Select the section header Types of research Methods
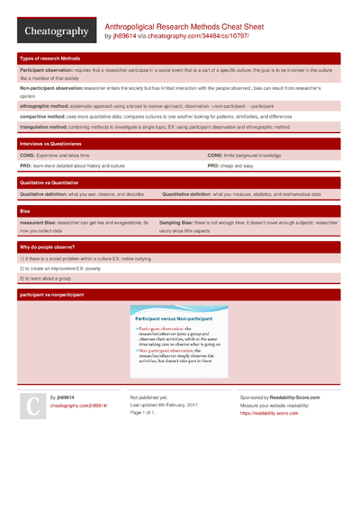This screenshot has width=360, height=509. point(50,58)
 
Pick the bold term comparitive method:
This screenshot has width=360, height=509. point(46,117)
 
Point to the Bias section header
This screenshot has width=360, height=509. point(24,210)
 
